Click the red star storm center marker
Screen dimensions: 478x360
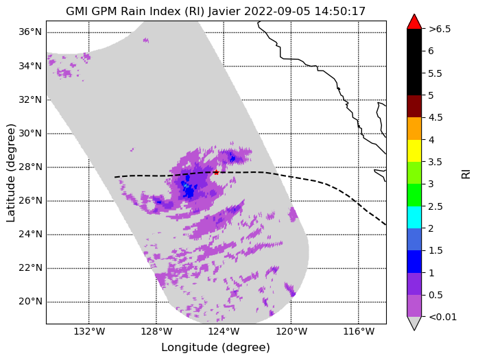coord(216,172)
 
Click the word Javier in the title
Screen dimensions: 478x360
coord(225,12)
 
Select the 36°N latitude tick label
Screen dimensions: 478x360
coord(30,32)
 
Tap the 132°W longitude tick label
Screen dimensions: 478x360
coord(89,331)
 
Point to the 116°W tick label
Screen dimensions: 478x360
coord(359,331)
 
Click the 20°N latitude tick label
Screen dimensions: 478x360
coord(30,302)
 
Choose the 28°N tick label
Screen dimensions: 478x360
coord(30,167)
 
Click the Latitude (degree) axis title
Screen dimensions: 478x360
coord(10,173)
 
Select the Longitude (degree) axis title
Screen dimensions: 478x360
coord(216,348)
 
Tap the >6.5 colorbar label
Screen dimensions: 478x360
coord(440,29)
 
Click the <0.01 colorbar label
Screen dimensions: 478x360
coord(442,317)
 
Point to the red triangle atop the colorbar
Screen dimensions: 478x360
coord(414,22)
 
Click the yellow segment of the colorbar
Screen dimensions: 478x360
coord(414,151)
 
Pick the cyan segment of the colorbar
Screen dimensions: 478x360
coord(414,217)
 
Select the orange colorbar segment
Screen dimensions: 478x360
coord(414,128)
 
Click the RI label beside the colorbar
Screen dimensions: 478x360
coord(466,174)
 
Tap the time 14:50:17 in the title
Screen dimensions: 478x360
coord(339,12)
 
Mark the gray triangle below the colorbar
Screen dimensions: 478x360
coord(414,324)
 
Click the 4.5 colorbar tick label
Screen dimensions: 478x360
coord(435,117)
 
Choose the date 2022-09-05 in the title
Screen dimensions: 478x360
coord(277,12)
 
